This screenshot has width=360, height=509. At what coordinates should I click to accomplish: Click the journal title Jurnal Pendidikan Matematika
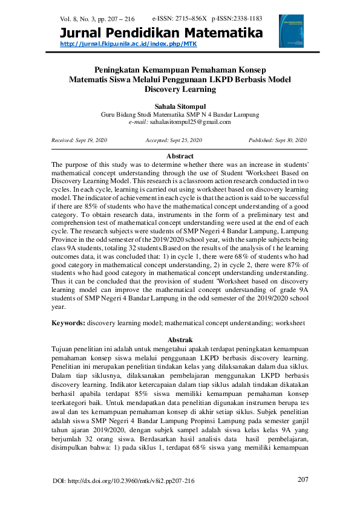[162, 33]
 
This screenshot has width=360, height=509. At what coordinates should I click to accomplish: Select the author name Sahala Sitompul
[180, 106]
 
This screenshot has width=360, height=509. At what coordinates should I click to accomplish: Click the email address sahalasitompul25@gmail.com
[190, 122]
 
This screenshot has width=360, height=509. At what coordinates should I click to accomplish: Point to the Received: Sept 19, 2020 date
[79, 140]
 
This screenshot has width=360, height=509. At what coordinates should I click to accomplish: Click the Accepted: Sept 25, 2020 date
[174, 140]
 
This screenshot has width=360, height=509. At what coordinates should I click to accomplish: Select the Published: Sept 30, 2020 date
[278, 140]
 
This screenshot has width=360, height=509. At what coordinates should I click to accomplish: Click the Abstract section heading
[180, 156]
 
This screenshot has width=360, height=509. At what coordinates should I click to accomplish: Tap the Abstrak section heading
[180, 339]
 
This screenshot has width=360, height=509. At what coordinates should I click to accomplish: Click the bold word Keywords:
[68, 323]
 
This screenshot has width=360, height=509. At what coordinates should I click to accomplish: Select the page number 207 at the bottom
[304, 479]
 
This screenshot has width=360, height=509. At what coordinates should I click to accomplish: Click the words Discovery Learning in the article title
[180, 89]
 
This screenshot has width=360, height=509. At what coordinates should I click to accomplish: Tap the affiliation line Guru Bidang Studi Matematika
[180, 114]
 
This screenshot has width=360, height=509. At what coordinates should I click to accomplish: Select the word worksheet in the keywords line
[290, 323]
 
